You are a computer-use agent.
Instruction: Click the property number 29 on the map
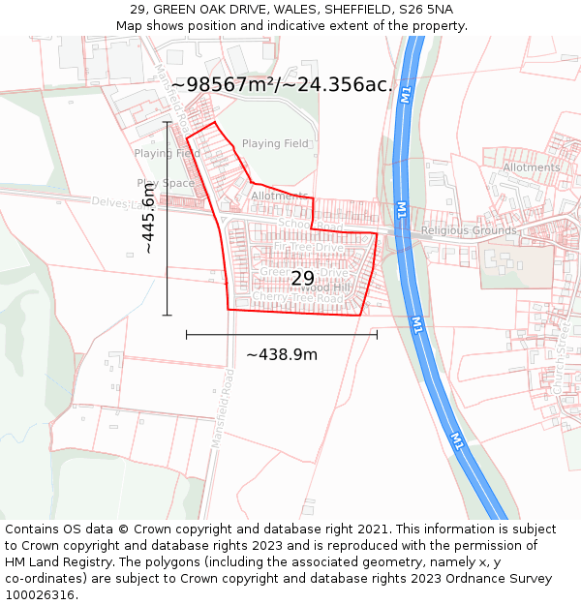(x=302, y=278)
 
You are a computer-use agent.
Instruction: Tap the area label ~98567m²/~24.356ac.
(x=282, y=85)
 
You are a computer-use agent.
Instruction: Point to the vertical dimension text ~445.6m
(x=149, y=220)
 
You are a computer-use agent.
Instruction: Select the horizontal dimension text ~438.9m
(x=282, y=354)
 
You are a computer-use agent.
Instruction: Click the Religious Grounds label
(x=469, y=231)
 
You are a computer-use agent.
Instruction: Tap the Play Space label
(x=166, y=183)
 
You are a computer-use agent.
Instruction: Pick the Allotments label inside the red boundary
(x=279, y=196)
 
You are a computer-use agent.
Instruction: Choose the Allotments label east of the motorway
(x=531, y=167)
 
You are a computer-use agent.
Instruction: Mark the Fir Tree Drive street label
(x=309, y=248)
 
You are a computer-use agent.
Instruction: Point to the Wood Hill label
(x=325, y=287)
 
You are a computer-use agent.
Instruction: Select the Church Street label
(x=559, y=369)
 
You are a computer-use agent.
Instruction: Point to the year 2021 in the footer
(x=373, y=529)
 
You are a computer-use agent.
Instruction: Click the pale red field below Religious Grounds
(x=517, y=266)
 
